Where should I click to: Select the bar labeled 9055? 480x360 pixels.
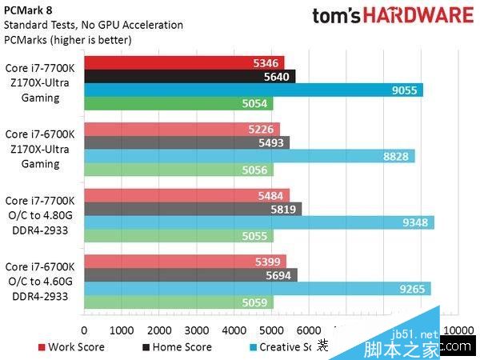(253, 90)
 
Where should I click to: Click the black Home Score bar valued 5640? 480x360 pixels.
(189, 77)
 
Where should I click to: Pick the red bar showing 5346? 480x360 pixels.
(183, 63)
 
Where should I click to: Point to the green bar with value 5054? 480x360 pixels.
(178, 104)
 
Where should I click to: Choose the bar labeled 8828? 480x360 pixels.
(249, 157)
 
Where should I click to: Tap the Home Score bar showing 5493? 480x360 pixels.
(186, 143)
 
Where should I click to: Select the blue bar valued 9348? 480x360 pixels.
(258, 222)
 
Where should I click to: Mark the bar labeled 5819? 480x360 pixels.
(192, 209)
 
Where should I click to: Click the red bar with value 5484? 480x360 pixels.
(186, 196)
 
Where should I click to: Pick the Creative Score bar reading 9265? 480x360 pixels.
(257, 289)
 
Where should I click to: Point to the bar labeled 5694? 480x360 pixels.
(190, 275)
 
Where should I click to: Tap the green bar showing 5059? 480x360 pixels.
(178, 302)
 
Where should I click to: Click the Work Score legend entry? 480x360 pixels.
(70, 347)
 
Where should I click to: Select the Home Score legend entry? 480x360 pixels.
(178, 347)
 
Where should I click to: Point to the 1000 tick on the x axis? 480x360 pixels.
(121, 330)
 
